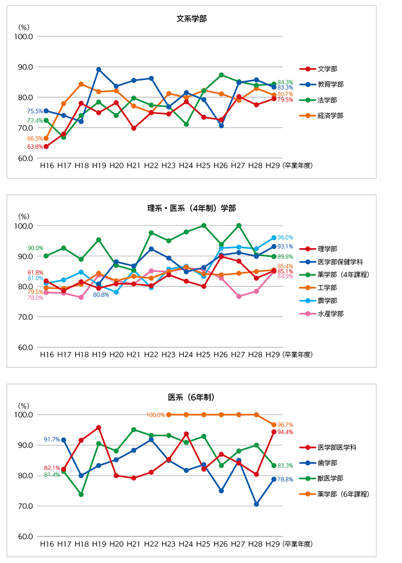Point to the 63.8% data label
click(35, 147)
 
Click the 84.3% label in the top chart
click(286, 83)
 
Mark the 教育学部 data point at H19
click(99, 70)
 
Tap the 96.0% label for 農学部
click(286, 237)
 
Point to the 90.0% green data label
click(35, 248)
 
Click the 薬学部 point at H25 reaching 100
click(203, 226)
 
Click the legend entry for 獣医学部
click(330, 478)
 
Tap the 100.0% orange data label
click(155, 415)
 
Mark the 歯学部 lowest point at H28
click(256, 504)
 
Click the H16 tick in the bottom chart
click(46, 544)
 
